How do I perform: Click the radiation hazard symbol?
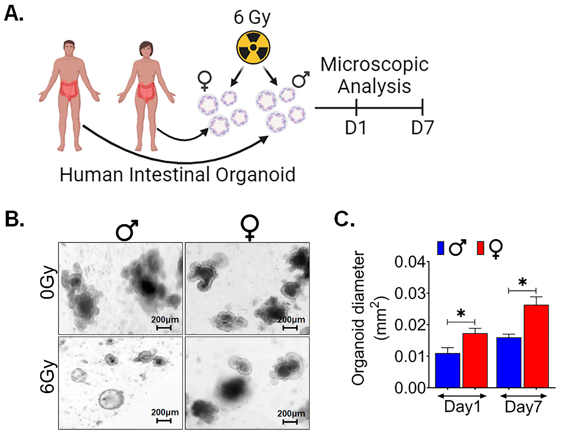pyautogui.click(x=253, y=48)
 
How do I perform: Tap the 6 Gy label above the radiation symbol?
pyautogui.click(x=252, y=17)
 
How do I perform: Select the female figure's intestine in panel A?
pyautogui.click(x=146, y=92)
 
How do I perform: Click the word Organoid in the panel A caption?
pyautogui.click(x=255, y=175)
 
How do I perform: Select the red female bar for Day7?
pyautogui.click(x=536, y=346)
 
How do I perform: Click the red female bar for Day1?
pyautogui.click(x=475, y=360)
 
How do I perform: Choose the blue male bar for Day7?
pyautogui.click(x=509, y=362)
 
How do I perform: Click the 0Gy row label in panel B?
pyautogui.click(x=48, y=282)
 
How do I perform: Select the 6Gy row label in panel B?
pyautogui.click(x=48, y=377)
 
